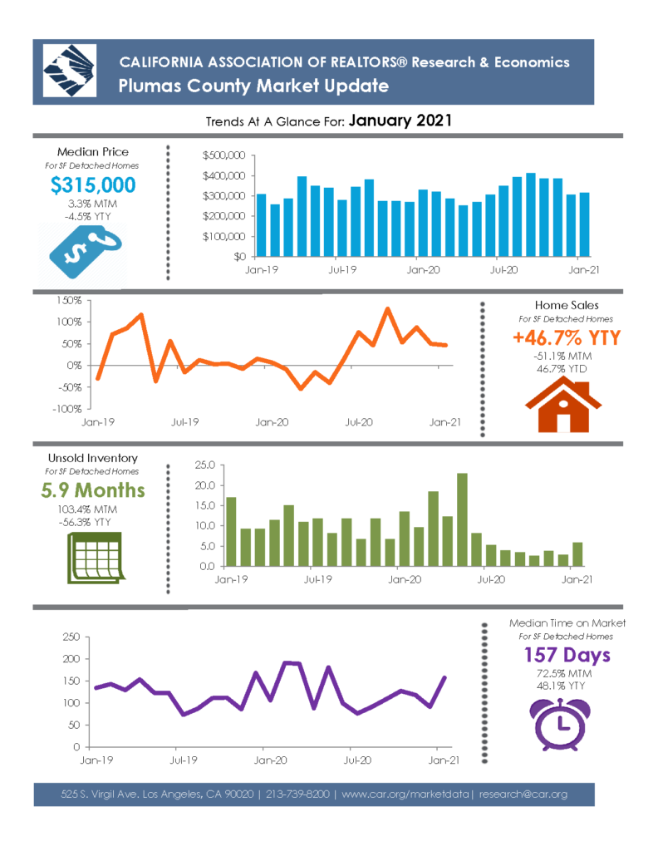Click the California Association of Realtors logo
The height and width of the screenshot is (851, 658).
click(x=70, y=71)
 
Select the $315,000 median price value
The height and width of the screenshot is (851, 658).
click(x=93, y=185)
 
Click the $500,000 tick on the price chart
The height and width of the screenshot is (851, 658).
click(x=223, y=155)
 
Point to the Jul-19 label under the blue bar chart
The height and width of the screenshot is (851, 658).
click(x=342, y=270)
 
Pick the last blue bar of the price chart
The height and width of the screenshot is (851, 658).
click(x=584, y=224)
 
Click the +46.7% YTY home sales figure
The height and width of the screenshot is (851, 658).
click(x=567, y=337)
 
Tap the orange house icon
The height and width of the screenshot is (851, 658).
click(x=563, y=405)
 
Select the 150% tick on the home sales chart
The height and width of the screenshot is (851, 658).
click(x=69, y=300)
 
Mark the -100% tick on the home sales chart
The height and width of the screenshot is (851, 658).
click(x=66, y=409)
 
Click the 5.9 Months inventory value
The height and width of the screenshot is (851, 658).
click(x=93, y=490)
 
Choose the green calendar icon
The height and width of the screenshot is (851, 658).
click(x=96, y=558)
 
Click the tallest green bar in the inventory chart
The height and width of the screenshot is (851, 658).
click(x=462, y=519)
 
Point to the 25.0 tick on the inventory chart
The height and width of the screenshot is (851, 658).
click(x=205, y=465)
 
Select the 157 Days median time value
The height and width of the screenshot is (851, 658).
click(x=567, y=655)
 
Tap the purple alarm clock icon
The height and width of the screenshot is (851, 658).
click(x=560, y=724)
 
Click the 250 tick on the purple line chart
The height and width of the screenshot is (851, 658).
click(x=71, y=637)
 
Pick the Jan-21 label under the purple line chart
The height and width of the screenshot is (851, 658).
click(x=444, y=760)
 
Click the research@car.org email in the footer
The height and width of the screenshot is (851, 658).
click(x=523, y=794)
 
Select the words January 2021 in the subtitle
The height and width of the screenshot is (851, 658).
click(x=400, y=121)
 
